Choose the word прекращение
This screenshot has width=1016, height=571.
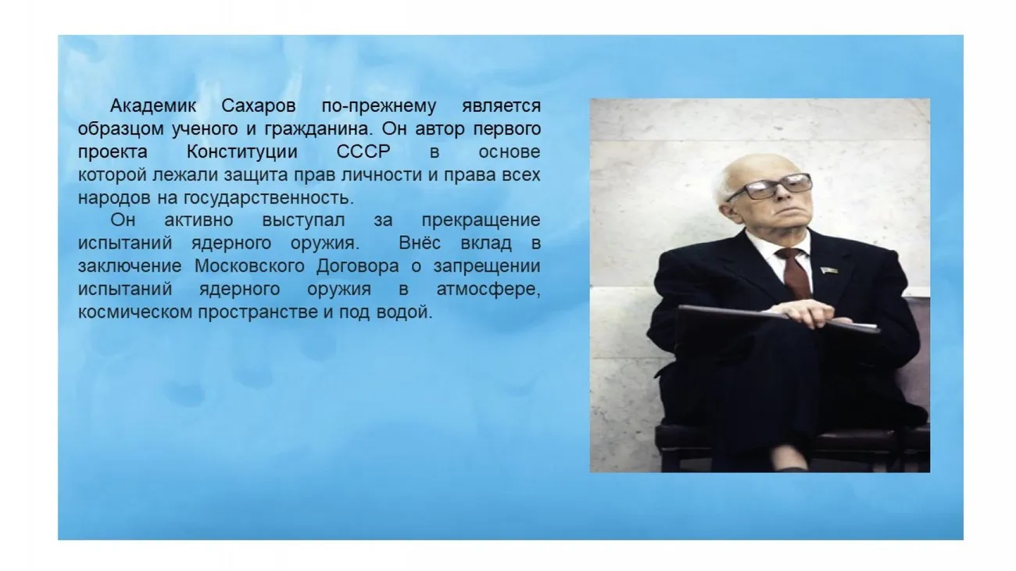pos(481,220)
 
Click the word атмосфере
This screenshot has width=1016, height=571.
pos(488,290)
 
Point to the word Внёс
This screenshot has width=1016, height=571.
pos(419,243)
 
